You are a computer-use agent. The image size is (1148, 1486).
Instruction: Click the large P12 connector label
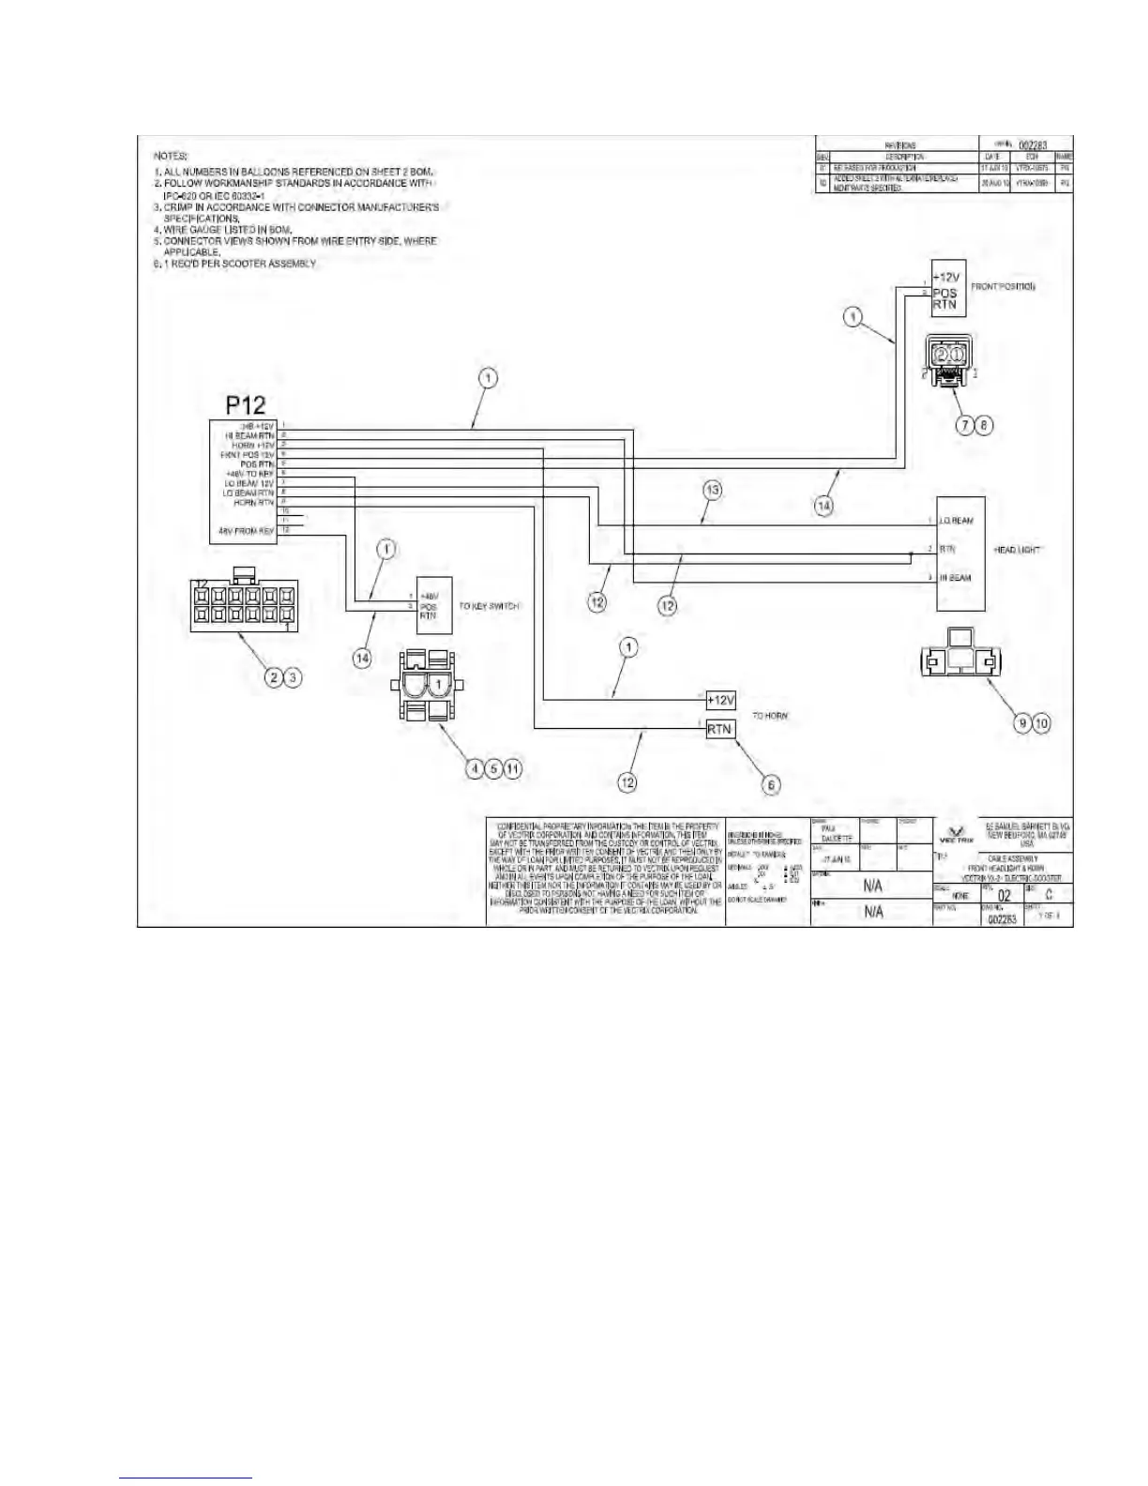pyautogui.click(x=246, y=404)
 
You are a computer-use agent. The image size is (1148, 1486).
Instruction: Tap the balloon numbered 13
pyautogui.click(x=713, y=490)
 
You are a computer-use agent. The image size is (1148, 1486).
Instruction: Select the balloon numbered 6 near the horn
pyautogui.click(x=770, y=784)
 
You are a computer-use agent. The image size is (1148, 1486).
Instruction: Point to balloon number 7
pyautogui.click(x=964, y=425)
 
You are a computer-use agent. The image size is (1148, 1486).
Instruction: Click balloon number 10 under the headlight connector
pyautogui.click(x=1041, y=722)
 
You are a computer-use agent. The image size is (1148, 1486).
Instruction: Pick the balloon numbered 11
pyautogui.click(x=512, y=768)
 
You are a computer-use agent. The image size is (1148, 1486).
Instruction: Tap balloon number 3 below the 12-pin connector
pyautogui.click(x=294, y=676)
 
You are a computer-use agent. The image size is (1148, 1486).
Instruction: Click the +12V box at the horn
pyautogui.click(x=721, y=700)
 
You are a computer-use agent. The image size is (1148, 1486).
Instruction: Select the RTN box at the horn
pyautogui.click(x=720, y=729)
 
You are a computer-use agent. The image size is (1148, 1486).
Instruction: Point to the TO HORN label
pyautogui.click(x=770, y=716)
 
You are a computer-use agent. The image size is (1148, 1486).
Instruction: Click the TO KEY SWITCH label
pyautogui.click(x=489, y=606)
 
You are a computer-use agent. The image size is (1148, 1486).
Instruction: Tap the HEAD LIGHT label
pyautogui.click(x=1018, y=550)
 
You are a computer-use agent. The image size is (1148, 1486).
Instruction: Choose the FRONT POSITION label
pyautogui.click(x=1003, y=286)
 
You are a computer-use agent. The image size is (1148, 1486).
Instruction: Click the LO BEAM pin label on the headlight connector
pyautogui.click(x=957, y=521)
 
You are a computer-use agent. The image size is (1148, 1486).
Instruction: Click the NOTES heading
pyautogui.click(x=171, y=156)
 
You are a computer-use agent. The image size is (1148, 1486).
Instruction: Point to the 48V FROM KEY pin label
pyautogui.click(x=246, y=531)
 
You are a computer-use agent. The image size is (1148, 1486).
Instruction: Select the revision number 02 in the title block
pyautogui.click(x=1004, y=895)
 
